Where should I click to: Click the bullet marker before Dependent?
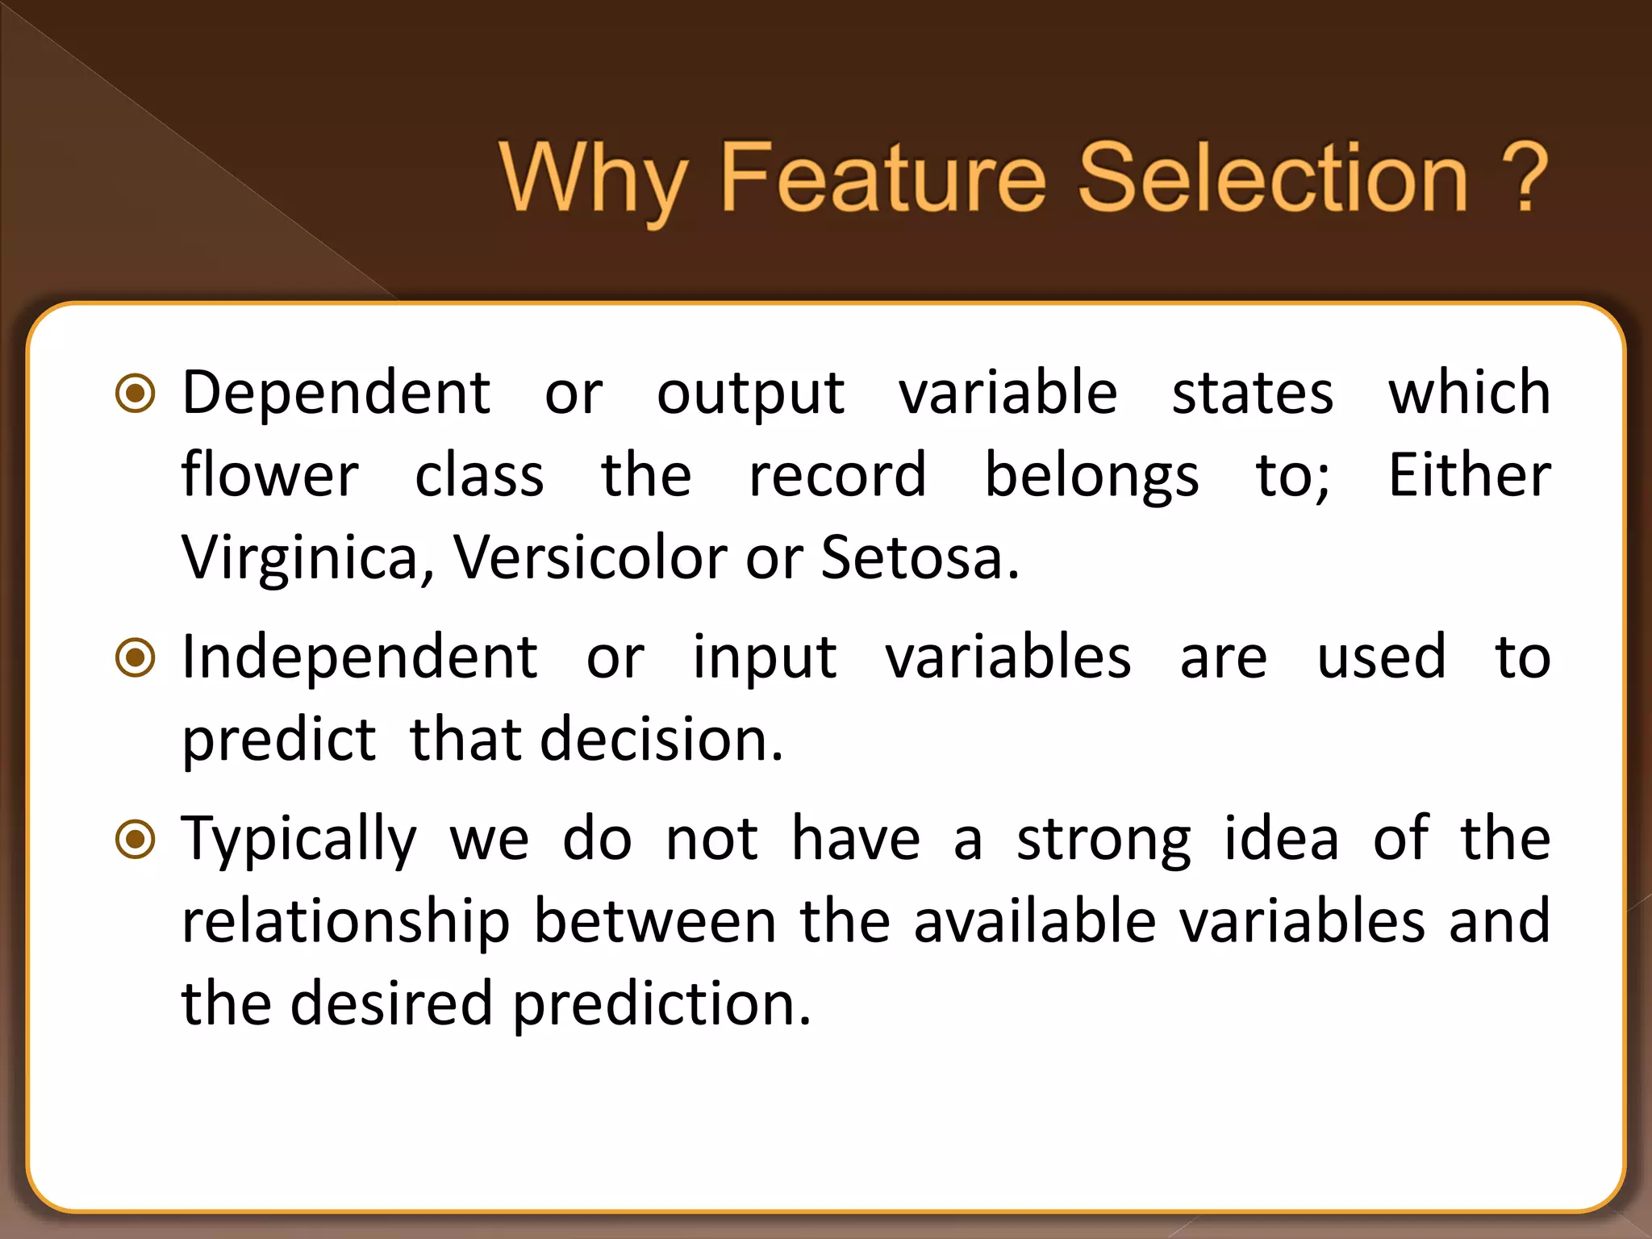[x=136, y=394]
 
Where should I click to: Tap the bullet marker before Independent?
[x=136, y=658]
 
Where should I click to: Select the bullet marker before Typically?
[x=136, y=840]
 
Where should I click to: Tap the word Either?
[x=1468, y=475]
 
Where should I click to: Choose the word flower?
[x=269, y=475]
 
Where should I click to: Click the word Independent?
[x=359, y=657]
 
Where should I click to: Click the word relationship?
[x=345, y=922]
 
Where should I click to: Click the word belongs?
[x=1091, y=476]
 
